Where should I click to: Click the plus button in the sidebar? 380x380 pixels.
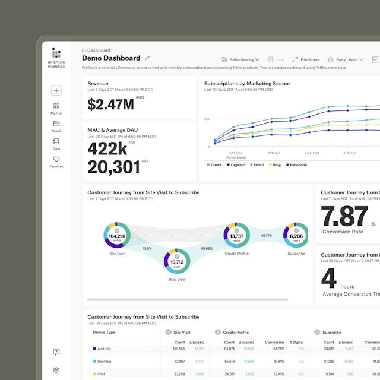[56, 91]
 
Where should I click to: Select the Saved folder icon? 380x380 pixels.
[56, 123]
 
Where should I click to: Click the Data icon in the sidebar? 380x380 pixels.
[56, 141]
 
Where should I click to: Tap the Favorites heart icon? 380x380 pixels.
[56, 159]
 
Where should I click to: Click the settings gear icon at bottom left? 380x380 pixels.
[56, 370]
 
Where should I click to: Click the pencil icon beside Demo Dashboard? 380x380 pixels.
[148, 58]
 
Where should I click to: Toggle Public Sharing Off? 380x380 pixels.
[240, 60]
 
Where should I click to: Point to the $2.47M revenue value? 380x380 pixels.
[111, 104]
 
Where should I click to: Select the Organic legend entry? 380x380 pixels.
[235, 165]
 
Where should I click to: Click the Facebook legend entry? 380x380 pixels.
[296, 165]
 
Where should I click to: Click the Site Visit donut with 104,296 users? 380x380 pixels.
[117, 236]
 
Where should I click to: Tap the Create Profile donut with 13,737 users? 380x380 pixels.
[237, 236]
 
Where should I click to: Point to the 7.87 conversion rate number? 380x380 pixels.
[344, 216]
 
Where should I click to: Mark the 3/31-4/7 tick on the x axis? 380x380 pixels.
[274, 153]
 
